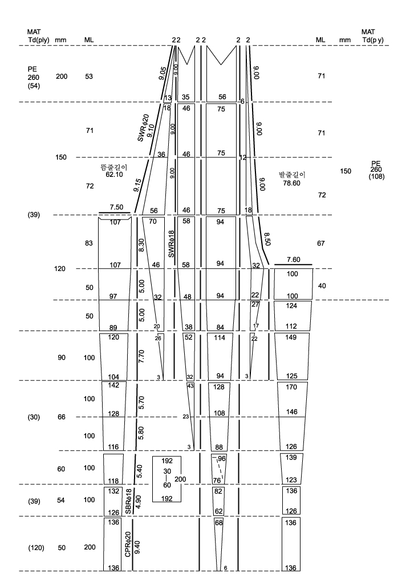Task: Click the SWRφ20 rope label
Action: point(143,128)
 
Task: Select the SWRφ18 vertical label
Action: point(172,244)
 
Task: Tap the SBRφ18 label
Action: point(128,501)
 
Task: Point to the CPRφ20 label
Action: point(128,544)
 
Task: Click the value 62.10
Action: point(114,175)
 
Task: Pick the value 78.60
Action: point(291,183)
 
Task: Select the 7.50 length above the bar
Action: point(116,207)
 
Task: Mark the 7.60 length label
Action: point(294,260)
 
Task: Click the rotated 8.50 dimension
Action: point(267,239)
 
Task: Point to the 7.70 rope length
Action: point(141,357)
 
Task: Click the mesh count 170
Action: point(291,387)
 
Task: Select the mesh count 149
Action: point(291,337)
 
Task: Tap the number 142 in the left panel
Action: point(113,385)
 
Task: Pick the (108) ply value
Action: point(376,177)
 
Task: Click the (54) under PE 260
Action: point(34,86)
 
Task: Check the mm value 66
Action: point(62,417)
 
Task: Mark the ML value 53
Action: point(89,76)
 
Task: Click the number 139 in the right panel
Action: point(291,458)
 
